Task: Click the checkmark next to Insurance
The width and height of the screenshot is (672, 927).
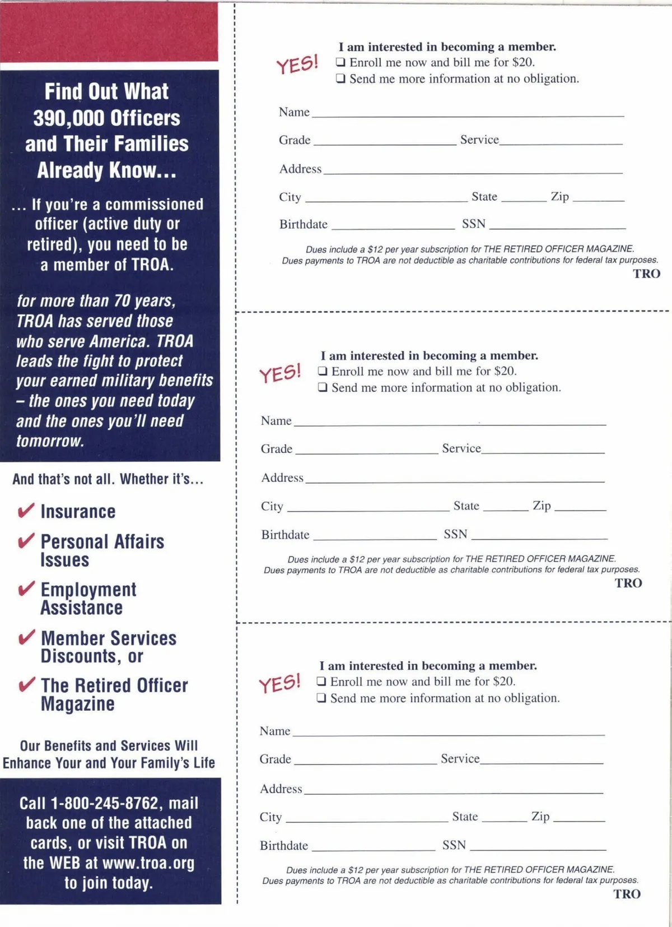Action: point(26,511)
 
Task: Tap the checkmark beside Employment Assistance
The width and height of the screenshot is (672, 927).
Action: point(26,588)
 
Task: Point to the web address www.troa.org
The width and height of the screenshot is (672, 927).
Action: point(148,863)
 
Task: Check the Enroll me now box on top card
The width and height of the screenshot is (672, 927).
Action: point(340,62)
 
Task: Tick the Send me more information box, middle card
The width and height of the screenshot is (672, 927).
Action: point(323,387)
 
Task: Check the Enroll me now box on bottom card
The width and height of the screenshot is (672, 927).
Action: point(321,682)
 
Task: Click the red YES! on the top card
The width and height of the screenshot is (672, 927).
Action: point(297,64)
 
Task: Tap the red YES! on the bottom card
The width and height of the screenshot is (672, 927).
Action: point(279,683)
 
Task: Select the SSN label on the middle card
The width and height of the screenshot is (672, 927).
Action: point(455,534)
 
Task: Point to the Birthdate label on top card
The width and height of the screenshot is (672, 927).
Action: point(303,224)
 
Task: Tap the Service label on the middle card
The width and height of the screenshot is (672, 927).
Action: point(461,448)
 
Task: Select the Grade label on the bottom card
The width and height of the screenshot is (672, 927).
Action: point(275,759)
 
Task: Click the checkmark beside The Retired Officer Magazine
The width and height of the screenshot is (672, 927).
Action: point(26,685)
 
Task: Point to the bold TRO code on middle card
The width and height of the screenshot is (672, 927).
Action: point(628,583)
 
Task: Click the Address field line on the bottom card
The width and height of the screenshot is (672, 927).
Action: point(454,792)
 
